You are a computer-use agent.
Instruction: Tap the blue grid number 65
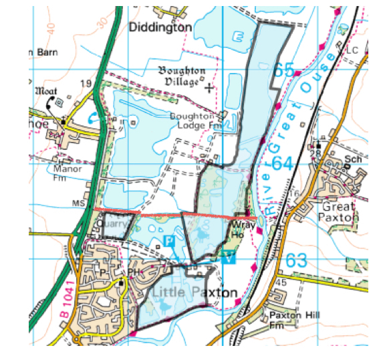pyautogui.click(x=283, y=70)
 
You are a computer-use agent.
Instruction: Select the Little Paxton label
pyautogui.click(x=194, y=293)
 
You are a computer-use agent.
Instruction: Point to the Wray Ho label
pyautogui.click(x=238, y=231)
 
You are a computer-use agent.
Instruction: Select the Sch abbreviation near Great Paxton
pyautogui.click(x=352, y=161)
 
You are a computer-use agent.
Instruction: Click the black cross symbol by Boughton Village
pyautogui.click(x=209, y=88)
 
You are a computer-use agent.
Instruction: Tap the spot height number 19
pyautogui.click(x=86, y=83)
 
